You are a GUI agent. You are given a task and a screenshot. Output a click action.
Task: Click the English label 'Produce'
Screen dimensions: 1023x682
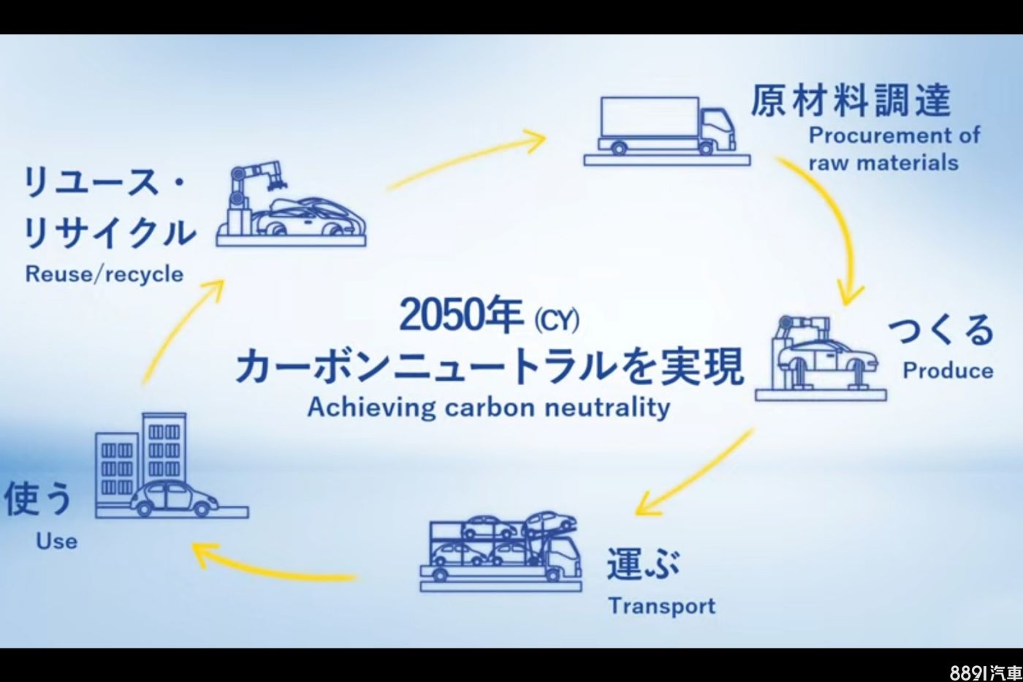point(948,371)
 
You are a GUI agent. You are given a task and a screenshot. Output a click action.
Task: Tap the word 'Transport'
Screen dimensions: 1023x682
point(662,606)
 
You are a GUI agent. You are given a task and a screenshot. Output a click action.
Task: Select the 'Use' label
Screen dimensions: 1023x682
point(57,542)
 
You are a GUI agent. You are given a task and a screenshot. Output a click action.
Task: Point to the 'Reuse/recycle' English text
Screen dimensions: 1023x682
point(104,274)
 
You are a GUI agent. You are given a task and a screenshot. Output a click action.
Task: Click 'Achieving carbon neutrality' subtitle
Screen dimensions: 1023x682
point(489,407)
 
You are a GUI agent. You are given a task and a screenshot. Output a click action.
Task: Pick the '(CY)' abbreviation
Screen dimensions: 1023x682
point(557,321)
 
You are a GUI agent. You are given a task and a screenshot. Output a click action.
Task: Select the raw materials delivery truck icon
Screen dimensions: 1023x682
point(666,131)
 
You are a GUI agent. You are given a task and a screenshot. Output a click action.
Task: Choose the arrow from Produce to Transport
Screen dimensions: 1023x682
point(694,473)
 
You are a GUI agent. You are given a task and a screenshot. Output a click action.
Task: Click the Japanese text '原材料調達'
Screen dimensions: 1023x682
point(851,100)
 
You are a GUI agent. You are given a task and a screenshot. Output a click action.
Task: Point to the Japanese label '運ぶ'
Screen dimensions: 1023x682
point(643,564)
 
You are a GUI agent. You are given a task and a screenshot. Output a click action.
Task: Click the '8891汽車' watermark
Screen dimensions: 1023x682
point(986,673)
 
